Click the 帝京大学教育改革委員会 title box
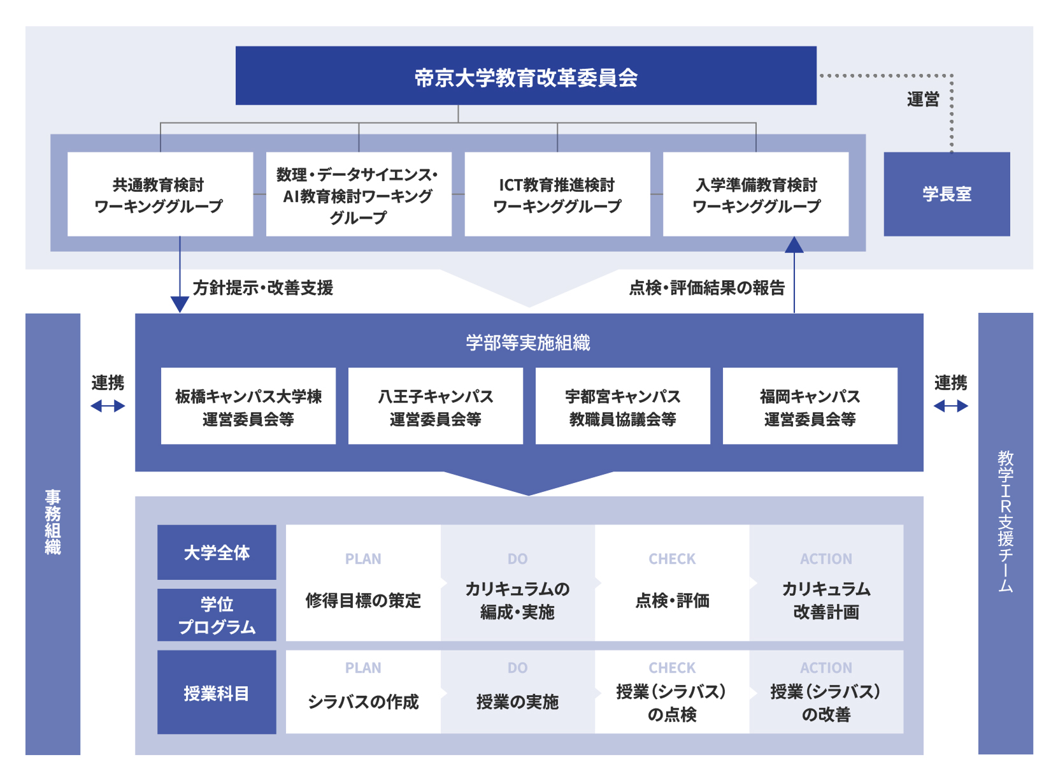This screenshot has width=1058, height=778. (525, 76)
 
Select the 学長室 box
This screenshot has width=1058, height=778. (947, 194)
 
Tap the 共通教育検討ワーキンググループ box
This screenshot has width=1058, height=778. (160, 194)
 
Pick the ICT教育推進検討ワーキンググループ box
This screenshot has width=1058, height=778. (557, 194)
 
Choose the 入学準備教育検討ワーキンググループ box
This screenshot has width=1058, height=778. (755, 194)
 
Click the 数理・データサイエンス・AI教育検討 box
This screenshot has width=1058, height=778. (359, 194)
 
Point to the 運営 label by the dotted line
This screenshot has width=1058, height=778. (923, 99)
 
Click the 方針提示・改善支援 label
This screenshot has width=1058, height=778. (263, 288)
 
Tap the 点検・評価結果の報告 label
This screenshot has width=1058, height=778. (706, 288)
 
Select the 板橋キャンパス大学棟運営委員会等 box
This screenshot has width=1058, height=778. (248, 407)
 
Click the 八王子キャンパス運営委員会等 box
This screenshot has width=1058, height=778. (436, 407)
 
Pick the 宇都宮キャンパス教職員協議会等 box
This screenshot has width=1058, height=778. (622, 407)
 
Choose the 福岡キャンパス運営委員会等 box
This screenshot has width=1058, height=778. (810, 407)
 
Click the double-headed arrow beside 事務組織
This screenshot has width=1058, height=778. (108, 406)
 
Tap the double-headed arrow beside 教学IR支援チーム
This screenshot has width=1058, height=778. (950, 406)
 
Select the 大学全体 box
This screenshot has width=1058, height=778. (217, 552)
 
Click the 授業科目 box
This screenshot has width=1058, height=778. (217, 693)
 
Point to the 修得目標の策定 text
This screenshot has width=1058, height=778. (363, 600)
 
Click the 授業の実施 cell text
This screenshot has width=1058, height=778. (517, 702)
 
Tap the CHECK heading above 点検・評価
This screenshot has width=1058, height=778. (672, 559)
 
